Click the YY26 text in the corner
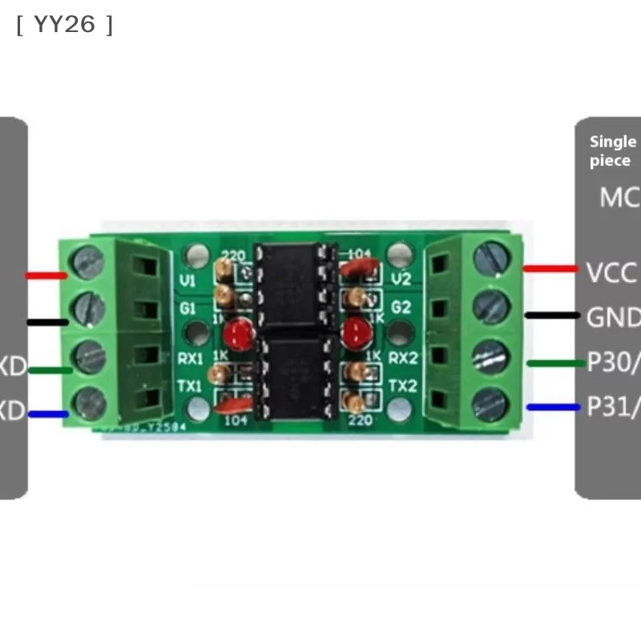pos(64,25)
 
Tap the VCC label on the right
pos(611,272)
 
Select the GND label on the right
pos(613,317)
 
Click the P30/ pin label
pos(613,362)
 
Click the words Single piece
pos(612,151)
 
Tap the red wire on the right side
pos(550,268)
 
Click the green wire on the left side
pos(49,369)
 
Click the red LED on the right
pos(353,331)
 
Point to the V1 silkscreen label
pos(189,281)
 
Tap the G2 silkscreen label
pos(401,307)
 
